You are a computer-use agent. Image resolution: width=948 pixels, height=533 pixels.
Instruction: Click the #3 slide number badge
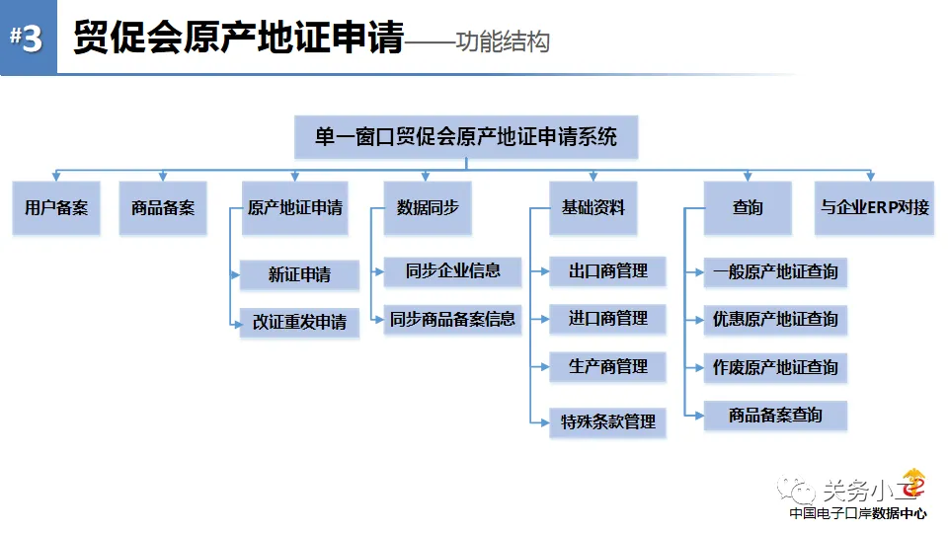[x=29, y=37]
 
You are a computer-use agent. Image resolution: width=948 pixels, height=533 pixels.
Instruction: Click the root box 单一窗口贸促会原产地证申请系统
[x=466, y=137]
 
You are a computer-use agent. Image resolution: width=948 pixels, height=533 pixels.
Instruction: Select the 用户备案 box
[x=56, y=208]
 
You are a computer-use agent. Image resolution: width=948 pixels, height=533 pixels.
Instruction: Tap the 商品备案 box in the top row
[x=163, y=208]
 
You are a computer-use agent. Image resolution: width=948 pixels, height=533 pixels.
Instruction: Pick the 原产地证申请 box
[x=295, y=208]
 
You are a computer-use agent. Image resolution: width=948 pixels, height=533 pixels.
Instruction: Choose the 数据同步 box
[x=428, y=208]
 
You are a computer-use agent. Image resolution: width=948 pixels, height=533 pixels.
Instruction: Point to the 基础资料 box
[x=593, y=208]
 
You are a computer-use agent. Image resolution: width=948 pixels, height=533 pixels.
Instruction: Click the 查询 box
[x=748, y=208]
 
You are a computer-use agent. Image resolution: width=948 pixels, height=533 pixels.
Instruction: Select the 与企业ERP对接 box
[x=874, y=208]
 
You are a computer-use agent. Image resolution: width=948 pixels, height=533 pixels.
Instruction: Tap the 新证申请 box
[x=299, y=275]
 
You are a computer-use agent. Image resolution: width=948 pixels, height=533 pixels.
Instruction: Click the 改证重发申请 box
[x=299, y=322]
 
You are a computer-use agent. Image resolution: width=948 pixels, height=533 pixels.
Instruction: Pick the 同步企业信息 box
[x=452, y=271]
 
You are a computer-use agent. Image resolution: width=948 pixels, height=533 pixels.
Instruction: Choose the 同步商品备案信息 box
[x=452, y=319]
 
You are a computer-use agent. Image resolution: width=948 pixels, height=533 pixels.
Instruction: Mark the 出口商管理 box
[x=607, y=271]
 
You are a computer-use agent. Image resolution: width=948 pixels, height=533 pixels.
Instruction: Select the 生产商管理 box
[x=607, y=367]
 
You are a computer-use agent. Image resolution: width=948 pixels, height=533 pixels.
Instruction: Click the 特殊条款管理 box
[x=607, y=421]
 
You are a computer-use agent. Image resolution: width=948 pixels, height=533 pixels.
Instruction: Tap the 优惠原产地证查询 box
[x=775, y=320]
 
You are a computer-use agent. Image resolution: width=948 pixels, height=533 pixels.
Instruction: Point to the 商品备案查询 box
[x=775, y=416]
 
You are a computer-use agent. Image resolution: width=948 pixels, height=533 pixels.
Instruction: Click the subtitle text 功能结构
[x=503, y=41]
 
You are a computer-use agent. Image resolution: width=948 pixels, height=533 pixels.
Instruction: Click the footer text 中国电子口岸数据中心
[x=858, y=513]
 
